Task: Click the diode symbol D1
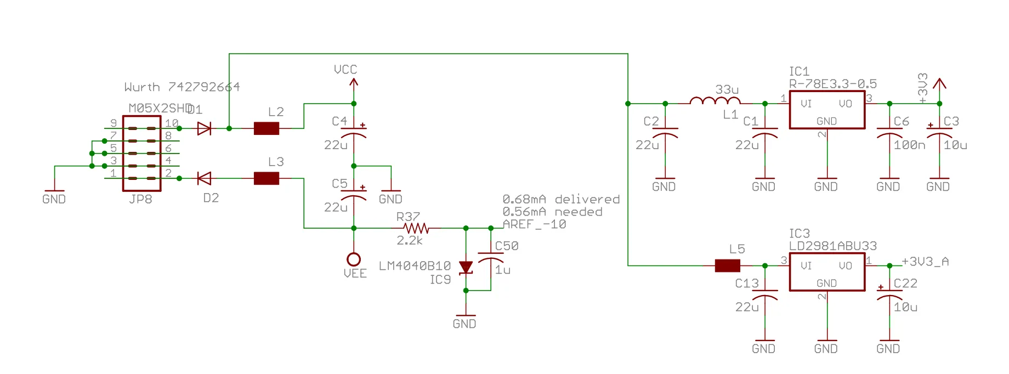coord(204,128)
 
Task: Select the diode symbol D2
coord(204,178)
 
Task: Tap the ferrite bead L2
coord(267,128)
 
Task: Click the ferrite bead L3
coord(267,178)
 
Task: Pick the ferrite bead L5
coord(728,266)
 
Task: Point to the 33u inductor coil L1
coord(715,101)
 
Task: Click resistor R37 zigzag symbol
coord(416,228)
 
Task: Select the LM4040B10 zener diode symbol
coord(466,268)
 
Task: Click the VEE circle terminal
coord(354,259)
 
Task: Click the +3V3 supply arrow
coord(939,84)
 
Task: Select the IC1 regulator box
coord(827,110)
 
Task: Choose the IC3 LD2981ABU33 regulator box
coord(827,272)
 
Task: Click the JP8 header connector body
coord(141,154)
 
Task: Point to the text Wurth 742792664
coord(182,87)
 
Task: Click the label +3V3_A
coord(925,262)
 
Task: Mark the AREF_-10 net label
coord(534,224)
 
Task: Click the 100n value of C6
coord(909,145)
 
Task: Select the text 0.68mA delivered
coord(561,200)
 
